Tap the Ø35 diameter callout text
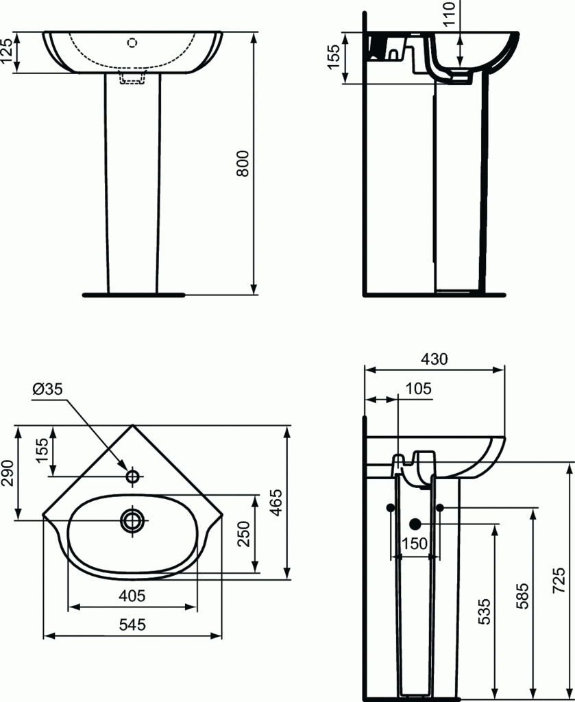tap(47, 389)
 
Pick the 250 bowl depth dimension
tap(243, 533)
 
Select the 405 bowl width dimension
tap(132, 596)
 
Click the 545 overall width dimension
tap(132, 625)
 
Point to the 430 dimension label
tap(434, 359)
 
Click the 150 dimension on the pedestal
tap(415, 543)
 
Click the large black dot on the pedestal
tap(415, 524)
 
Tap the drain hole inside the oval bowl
tap(132, 519)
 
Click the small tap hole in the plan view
tap(132, 475)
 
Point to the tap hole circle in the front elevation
tap(132, 42)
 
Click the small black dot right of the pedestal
tap(440, 507)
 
